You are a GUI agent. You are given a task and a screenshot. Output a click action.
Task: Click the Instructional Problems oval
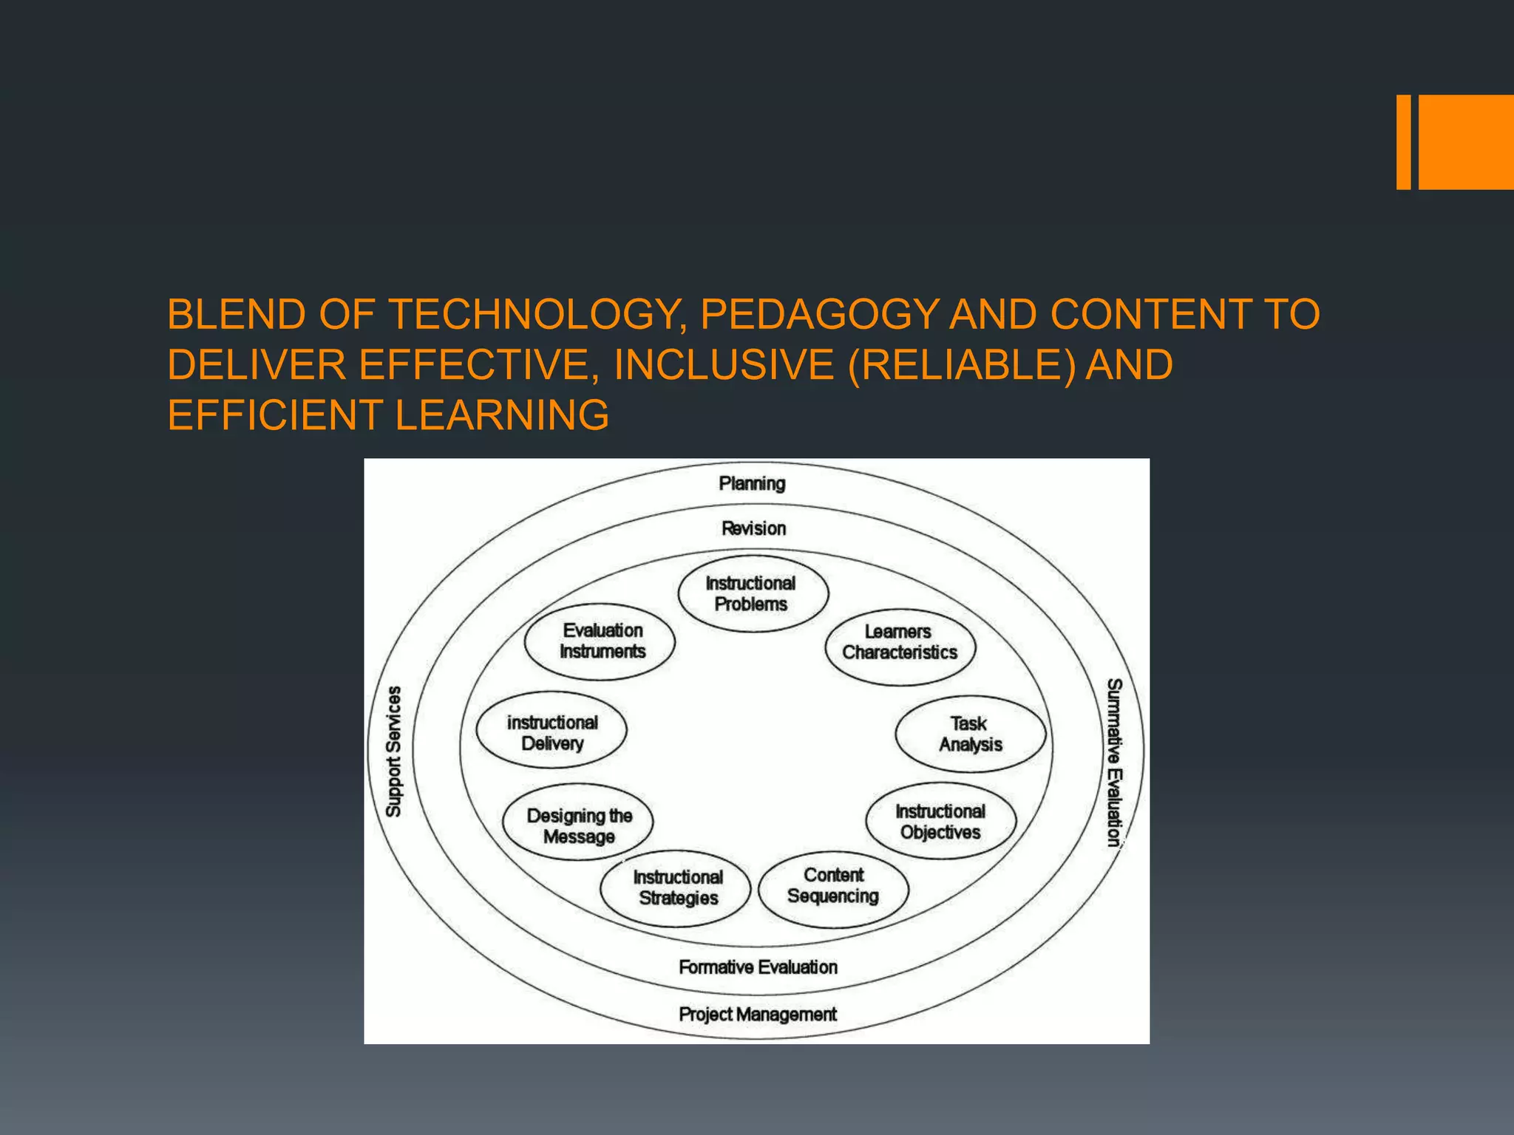point(753,593)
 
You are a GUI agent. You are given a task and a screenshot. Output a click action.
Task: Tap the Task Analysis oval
point(970,734)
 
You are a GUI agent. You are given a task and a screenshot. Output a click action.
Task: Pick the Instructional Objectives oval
point(940,822)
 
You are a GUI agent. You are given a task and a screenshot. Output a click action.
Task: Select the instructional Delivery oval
point(552,733)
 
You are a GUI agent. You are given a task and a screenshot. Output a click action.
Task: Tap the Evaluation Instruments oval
point(600,641)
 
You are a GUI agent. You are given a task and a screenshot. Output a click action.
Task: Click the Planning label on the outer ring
point(752,483)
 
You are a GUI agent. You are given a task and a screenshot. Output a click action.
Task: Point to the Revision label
point(753,528)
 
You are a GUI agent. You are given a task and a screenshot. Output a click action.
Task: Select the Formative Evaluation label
point(758,967)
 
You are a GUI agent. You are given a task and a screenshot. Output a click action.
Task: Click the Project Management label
point(758,1015)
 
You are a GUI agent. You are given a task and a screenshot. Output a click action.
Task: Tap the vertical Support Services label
point(394,751)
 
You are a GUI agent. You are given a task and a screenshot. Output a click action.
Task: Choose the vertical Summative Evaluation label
point(1114,762)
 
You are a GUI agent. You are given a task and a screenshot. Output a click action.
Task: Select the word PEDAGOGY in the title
point(818,314)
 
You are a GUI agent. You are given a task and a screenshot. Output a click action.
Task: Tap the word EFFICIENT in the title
point(274,415)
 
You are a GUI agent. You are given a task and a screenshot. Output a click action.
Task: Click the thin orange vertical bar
point(1403,142)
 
